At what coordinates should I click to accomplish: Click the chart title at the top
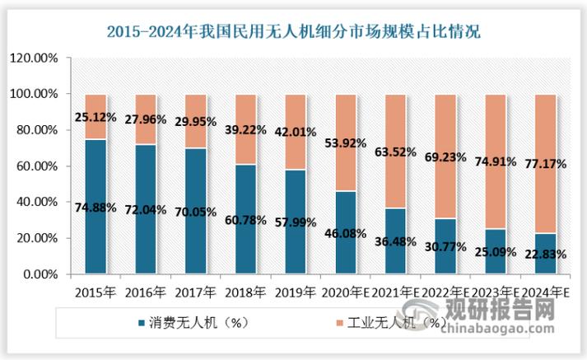tap(294, 32)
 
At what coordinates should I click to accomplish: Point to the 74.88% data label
tap(96, 206)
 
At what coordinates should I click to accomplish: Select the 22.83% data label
tap(545, 254)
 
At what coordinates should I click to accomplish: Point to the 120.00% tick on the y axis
tap(32, 58)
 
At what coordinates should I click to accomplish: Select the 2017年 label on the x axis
tap(196, 291)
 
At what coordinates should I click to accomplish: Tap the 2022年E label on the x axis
tap(445, 291)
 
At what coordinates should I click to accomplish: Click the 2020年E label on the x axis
tap(346, 291)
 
